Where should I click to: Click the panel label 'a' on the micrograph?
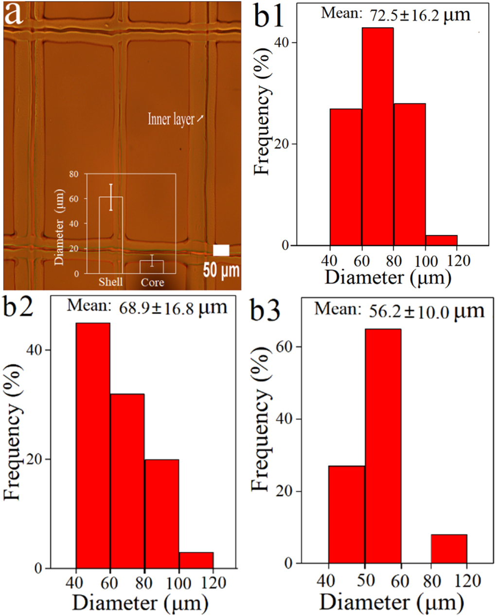(x=13, y=14)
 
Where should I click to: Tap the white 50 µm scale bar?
(x=221, y=250)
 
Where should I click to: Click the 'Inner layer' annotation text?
(x=171, y=119)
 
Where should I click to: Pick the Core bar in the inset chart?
(x=152, y=266)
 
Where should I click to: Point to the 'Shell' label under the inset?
(x=111, y=282)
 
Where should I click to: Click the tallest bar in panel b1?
(x=378, y=136)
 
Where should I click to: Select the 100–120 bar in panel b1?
(x=442, y=240)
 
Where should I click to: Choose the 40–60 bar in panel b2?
(x=93, y=445)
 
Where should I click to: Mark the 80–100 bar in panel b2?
(x=161, y=513)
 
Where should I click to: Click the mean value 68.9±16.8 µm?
(x=173, y=307)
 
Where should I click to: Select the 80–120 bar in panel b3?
(x=449, y=548)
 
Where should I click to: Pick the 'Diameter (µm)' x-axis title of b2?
(x=141, y=603)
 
